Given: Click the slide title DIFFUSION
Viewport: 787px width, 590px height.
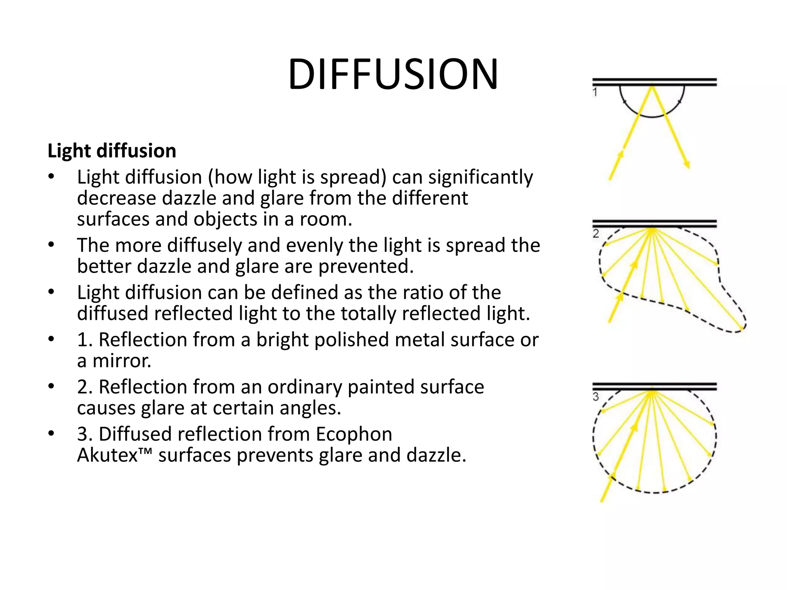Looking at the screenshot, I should point(393,74).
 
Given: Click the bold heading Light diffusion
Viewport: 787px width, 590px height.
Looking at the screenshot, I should point(112,151).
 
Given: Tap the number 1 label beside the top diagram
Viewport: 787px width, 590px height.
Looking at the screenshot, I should point(595,92).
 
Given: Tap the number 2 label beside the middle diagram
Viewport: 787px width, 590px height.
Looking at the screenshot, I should point(596,234).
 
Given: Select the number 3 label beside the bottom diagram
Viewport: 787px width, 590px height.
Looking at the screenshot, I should point(596,396).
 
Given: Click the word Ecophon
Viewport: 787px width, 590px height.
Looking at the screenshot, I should point(354,434).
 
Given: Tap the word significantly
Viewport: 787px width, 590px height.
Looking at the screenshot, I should point(480,177).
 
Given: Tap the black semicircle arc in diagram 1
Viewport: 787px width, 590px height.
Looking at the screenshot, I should point(652,116).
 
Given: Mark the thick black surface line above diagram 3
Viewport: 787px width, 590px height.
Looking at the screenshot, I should point(654,386).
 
